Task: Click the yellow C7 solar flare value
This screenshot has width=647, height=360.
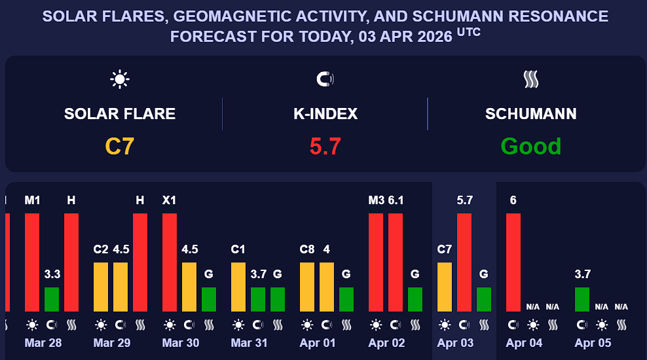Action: (x=120, y=146)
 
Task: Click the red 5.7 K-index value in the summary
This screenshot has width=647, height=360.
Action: (x=325, y=146)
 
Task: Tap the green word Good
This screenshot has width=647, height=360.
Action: (x=531, y=146)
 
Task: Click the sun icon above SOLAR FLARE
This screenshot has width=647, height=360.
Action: (x=120, y=80)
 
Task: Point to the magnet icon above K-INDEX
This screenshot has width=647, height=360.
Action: (x=325, y=80)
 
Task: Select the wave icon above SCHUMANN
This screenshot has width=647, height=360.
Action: (x=531, y=80)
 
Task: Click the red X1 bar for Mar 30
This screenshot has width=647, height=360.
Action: (x=170, y=262)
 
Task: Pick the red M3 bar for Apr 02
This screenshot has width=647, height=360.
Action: (x=376, y=262)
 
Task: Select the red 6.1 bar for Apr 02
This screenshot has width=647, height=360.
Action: (x=396, y=262)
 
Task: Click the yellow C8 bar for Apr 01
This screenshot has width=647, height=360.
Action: (x=307, y=287)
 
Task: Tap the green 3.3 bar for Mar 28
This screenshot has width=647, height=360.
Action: (x=52, y=299)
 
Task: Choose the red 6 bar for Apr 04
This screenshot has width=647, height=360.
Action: (x=513, y=262)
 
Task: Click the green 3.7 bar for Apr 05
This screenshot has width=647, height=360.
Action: (x=582, y=299)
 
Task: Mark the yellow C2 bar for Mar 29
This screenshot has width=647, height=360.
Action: (x=101, y=287)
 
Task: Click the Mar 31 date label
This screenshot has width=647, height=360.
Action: (x=249, y=343)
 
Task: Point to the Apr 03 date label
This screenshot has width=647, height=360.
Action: (x=455, y=343)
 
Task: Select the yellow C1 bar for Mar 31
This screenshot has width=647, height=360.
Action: (x=238, y=287)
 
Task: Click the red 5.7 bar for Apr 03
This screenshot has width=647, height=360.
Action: (x=464, y=262)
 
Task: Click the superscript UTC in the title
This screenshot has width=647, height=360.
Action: (x=469, y=31)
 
